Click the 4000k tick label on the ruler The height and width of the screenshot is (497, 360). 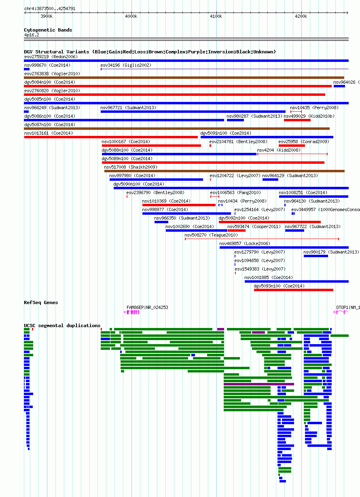click(x=131, y=16)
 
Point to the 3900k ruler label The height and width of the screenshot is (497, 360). click(x=47, y=16)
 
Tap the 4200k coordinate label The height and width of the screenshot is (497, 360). click(x=301, y=16)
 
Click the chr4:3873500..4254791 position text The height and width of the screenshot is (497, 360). click(x=50, y=8)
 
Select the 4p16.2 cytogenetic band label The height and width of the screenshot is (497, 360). click(x=32, y=35)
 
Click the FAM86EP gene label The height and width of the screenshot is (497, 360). click(x=135, y=307)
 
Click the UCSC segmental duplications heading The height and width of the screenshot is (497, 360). click(x=62, y=326)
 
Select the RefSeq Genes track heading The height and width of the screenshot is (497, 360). click(x=41, y=302)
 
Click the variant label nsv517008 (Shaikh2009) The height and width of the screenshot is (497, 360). click(x=131, y=167)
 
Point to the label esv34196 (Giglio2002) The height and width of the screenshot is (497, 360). click(x=126, y=65)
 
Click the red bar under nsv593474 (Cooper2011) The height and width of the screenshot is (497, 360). click(x=237, y=231)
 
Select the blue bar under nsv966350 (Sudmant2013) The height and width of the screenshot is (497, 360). click(x=161, y=222)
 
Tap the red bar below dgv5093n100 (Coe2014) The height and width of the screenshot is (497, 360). click(x=294, y=290)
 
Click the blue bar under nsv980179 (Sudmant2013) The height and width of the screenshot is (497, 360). click(x=316, y=256)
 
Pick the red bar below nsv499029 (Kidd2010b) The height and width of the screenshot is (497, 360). click(x=297, y=120)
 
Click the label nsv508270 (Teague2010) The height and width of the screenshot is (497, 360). click(x=211, y=235)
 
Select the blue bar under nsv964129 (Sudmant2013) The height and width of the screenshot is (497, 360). click(x=270, y=180)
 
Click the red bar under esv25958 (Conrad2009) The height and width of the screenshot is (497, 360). click(x=292, y=146)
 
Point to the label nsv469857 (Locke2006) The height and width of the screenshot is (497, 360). click(x=245, y=243)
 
